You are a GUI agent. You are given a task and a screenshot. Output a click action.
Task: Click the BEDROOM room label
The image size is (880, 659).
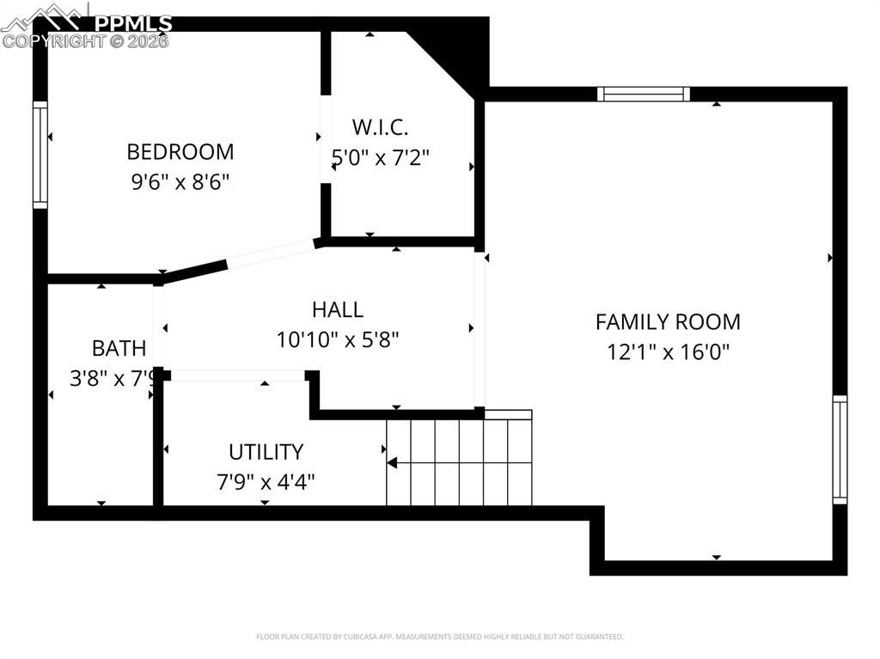point(180,152)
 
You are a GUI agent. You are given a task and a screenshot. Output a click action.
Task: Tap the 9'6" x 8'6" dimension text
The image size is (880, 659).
point(180,182)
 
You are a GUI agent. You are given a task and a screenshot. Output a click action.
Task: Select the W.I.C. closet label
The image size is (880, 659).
point(380,128)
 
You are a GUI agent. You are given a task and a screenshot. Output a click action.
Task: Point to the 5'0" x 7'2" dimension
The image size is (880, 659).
point(380,158)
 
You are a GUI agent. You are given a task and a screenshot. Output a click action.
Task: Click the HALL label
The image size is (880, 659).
point(337,309)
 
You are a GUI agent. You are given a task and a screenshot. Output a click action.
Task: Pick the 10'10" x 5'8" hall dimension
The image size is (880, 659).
point(337,339)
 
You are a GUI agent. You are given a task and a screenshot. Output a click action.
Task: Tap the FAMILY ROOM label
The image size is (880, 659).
point(668,322)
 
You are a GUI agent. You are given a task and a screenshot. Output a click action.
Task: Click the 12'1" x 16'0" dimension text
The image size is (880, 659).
point(668,352)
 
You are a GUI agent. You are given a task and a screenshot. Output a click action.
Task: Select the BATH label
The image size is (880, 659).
point(119,348)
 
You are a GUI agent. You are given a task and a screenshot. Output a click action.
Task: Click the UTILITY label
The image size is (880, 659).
point(266,452)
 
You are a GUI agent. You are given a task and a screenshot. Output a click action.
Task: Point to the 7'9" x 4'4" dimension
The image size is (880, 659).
point(266,481)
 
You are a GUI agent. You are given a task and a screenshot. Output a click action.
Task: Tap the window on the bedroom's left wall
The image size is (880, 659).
point(40,155)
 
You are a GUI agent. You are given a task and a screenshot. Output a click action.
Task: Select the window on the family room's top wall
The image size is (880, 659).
point(644,94)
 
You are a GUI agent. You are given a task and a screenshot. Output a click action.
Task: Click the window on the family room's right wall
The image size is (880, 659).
point(840,449)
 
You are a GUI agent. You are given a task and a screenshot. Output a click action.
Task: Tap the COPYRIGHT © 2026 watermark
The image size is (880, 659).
point(86,40)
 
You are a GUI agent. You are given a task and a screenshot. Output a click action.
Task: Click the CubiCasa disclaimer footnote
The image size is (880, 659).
point(439,637)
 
